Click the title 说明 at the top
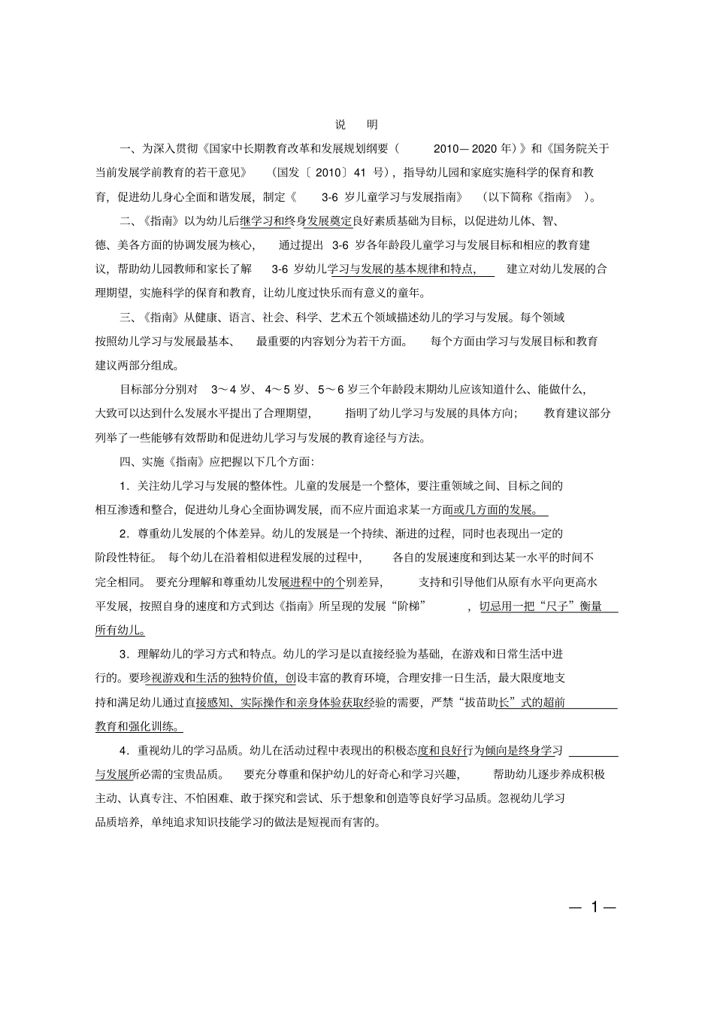pyautogui.click(x=356, y=124)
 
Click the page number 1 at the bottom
pyautogui.click(x=594, y=907)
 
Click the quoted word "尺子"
pyautogui.click(x=552, y=606)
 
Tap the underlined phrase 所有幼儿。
pyautogui.click(x=120, y=630)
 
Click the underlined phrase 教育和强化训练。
pyautogui.click(x=138, y=726)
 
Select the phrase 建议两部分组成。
pyautogui.click(x=138, y=365)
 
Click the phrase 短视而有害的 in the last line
pyautogui.click(x=340, y=822)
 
